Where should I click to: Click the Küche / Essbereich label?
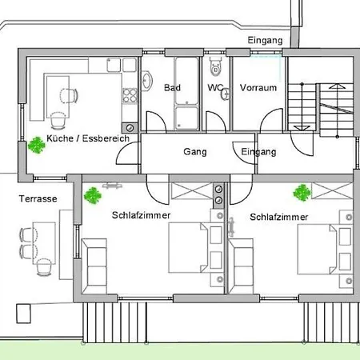tap(88, 139)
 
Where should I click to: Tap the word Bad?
tap(172, 87)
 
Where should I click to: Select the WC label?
tap(215, 87)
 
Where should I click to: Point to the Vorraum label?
tap(257, 87)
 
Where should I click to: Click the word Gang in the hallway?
tap(195, 151)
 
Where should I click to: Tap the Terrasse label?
tap(38, 198)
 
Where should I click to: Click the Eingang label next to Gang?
tap(258, 151)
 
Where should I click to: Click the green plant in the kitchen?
tap(36, 145)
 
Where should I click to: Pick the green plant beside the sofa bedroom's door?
tap(94, 194)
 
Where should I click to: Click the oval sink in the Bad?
tap(148, 80)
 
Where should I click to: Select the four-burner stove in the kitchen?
tap(129, 98)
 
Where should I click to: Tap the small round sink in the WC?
tap(227, 94)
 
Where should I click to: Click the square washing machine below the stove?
tap(130, 126)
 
